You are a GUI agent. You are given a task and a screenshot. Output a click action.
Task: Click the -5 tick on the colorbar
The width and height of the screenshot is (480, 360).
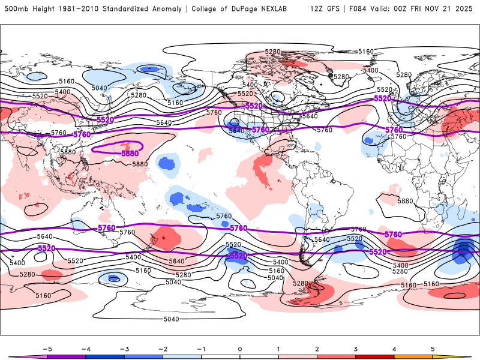point(47,348)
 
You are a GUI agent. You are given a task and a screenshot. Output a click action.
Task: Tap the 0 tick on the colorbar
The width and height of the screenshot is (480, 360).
point(240,348)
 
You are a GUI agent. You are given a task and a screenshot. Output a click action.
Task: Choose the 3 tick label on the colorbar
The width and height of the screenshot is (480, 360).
point(356,348)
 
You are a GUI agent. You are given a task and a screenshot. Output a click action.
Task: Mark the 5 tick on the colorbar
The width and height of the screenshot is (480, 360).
point(433,348)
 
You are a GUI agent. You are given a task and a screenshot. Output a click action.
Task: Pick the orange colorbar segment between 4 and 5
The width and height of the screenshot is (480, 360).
point(413,356)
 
